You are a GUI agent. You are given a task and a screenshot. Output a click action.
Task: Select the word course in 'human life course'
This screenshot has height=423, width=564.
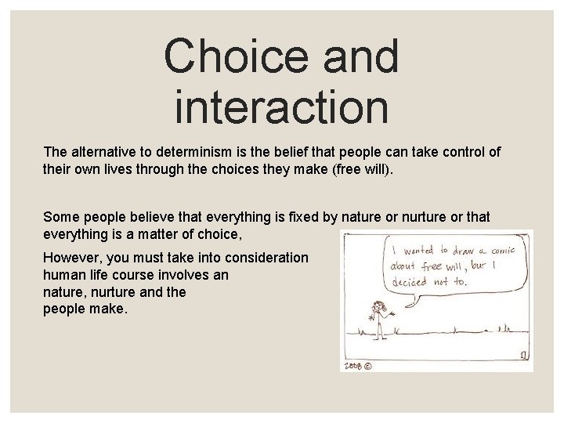coord(146,276)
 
